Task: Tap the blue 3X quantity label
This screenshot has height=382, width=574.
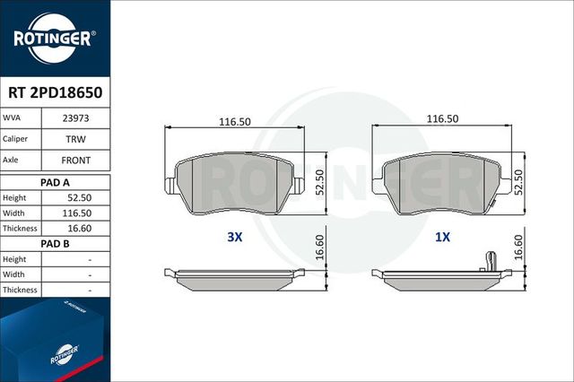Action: pos(235,239)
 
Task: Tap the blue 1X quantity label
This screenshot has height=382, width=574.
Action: pos(442,239)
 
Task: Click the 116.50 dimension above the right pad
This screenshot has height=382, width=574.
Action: pos(442,119)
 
